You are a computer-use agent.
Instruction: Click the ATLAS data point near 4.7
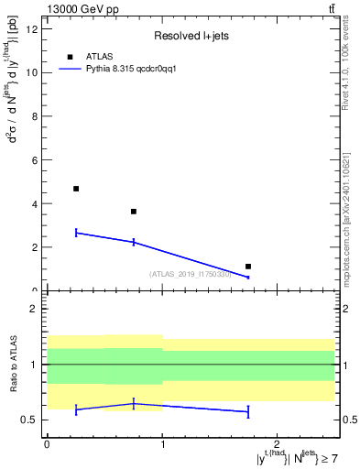76,189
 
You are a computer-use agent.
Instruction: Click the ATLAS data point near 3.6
134,212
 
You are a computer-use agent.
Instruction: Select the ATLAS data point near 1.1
248,267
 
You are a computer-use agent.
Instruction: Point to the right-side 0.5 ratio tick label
346,420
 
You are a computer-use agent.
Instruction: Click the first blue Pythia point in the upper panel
76,233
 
